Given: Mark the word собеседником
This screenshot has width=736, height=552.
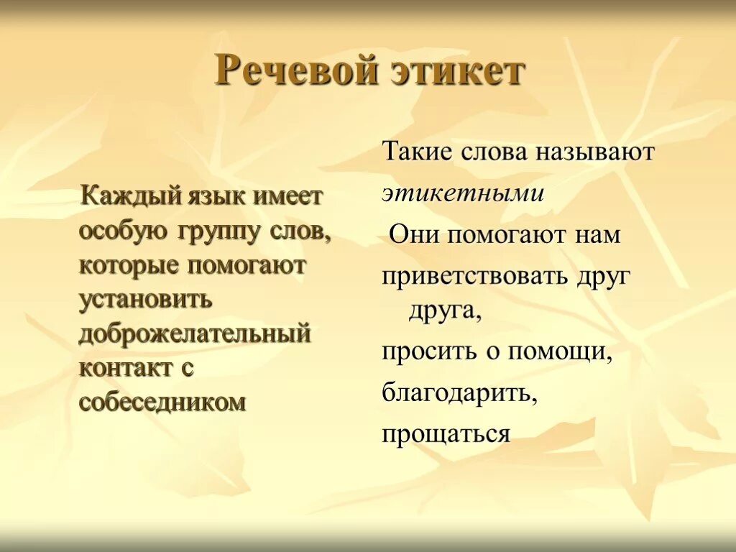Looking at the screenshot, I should (x=162, y=401).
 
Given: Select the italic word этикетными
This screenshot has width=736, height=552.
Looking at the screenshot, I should (x=463, y=194).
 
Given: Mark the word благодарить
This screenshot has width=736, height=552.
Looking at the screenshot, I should (x=460, y=393).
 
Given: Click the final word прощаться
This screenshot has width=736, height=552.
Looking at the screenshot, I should (x=446, y=434).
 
